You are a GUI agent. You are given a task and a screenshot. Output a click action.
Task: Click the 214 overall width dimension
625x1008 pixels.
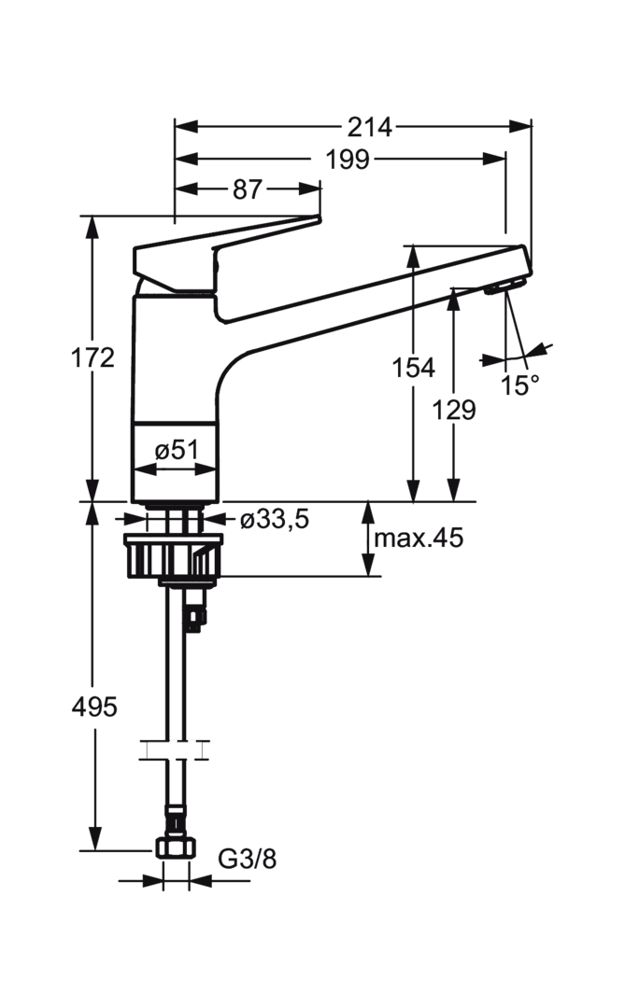369,127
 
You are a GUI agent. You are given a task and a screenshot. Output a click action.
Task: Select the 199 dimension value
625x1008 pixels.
348,159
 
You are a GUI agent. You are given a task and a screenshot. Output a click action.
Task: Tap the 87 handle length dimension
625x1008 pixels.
248,189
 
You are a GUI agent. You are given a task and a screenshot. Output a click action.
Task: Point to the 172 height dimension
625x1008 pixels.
92,357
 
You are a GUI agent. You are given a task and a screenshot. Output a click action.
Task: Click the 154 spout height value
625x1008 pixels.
414,368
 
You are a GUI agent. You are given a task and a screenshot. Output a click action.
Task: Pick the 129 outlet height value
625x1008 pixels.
453,410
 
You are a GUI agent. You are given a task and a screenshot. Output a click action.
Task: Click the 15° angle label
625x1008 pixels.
520,385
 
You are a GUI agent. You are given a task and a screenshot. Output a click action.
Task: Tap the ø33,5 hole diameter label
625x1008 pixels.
275,519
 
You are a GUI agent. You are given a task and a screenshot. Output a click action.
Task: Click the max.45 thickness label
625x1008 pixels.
419,538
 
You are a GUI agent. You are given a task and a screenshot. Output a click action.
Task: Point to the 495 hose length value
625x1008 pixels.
94,707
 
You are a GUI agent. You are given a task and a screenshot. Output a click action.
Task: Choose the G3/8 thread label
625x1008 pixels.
248,859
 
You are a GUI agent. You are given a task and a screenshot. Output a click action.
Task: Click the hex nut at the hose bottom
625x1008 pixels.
175,847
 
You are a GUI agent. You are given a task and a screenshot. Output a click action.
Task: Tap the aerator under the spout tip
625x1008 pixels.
506,287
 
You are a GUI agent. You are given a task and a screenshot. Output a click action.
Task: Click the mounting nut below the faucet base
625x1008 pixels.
173,555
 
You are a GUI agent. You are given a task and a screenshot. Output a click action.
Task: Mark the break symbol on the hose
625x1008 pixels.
175,749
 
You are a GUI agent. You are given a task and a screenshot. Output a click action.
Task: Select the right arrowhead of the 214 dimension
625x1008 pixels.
520,127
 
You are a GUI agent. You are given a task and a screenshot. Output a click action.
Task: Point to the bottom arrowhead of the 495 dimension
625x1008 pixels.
94,839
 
